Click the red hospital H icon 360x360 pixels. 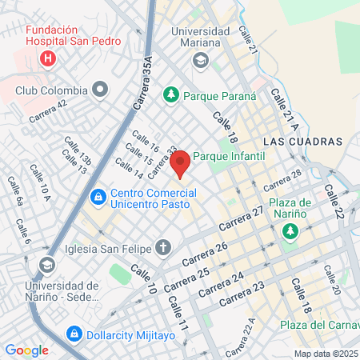[48, 58]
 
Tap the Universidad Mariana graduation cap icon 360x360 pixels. [200, 60]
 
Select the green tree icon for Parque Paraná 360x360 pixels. [170, 95]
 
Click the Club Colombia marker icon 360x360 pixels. [100, 88]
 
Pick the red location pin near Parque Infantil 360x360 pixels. [181, 162]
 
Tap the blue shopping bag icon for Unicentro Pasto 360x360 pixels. [98, 195]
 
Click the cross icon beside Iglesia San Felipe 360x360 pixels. [163, 247]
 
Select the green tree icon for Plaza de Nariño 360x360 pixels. [289, 231]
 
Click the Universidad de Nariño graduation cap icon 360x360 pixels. [47, 265]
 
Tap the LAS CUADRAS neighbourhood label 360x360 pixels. [302, 142]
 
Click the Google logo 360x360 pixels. [26, 350]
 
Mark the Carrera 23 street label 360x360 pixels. [241, 294]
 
